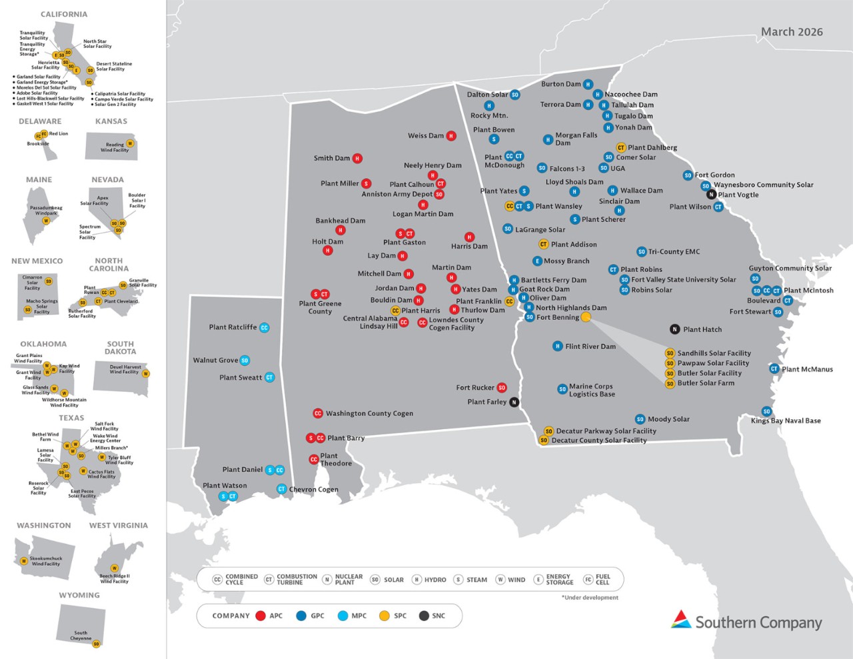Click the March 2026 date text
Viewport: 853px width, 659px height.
click(792, 32)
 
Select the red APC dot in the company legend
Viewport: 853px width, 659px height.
click(261, 616)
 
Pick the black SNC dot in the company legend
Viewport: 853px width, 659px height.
click(424, 616)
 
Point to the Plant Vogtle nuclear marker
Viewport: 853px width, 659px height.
click(712, 195)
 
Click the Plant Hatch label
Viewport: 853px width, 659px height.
click(702, 329)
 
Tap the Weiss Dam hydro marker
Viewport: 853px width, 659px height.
click(451, 136)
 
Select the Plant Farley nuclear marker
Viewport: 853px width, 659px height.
click(514, 402)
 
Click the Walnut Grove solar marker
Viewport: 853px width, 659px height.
click(245, 360)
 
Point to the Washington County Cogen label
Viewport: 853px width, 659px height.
click(369, 414)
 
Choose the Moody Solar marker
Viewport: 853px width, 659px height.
click(640, 419)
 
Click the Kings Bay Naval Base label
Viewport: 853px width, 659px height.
click(786, 421)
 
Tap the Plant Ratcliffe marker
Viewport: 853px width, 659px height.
click(265, 328)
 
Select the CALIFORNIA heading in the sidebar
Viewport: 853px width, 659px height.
click(64, 14)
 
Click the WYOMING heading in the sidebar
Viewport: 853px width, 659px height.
click(79, 595)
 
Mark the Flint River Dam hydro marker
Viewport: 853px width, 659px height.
click(558, 346)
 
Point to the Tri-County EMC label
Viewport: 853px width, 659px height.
click(674, 252)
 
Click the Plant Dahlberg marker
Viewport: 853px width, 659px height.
click(620, 148)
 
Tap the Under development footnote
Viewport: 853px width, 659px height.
click(590, 598)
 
